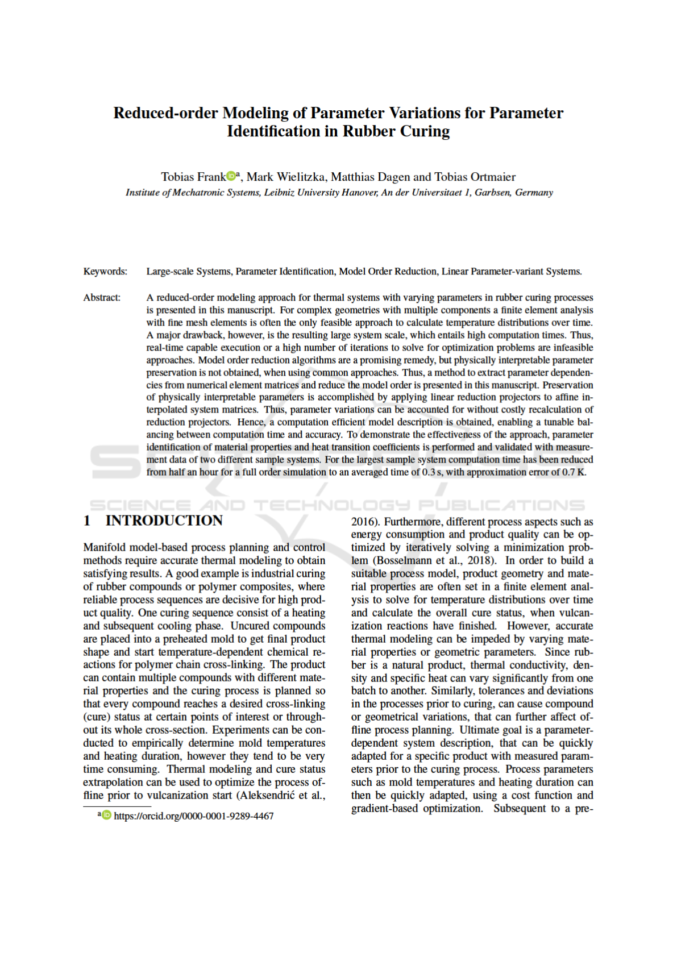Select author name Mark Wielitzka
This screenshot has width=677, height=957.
(x=286, y=177)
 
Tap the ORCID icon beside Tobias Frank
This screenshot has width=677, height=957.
(x=231, y=176)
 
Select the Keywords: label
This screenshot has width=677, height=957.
(x=105, y=272)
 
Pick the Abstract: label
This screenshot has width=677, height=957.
(x=102, y=298)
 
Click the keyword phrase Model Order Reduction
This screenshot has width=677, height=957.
(x=388, y=272)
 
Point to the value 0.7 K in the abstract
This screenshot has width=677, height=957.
(x=574, y=472)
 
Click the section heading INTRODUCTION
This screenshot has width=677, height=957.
(x=164, y=521)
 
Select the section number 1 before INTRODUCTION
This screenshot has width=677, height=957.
(x=87, y=521)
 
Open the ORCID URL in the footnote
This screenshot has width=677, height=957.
(x=194, y=816)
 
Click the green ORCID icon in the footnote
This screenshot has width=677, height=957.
(x=106, y=815)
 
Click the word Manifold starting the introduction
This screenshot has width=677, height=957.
(x=105, y=547)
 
